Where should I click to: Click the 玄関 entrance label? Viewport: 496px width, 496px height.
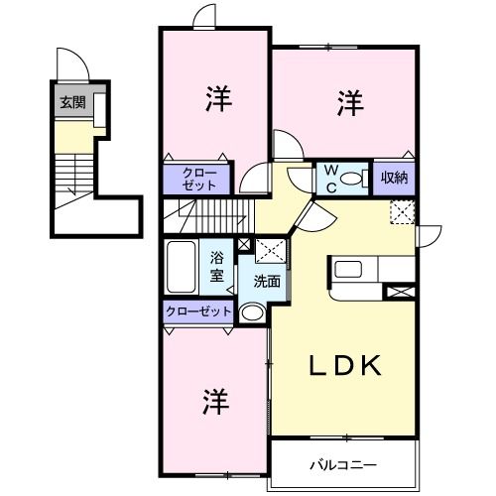pos(71,101)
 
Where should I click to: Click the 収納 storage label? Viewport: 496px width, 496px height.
pos(395,179)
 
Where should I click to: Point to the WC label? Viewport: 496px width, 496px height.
pos(328,179)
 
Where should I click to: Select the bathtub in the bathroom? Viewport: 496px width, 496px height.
pos(182,265)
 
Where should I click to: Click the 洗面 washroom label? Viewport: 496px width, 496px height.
pos(266,281)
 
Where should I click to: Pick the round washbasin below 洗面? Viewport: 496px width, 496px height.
pos(253,313)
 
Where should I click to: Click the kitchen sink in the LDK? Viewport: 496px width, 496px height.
pos(348,269)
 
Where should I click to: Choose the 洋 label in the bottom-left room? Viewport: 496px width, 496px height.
pos(216,402)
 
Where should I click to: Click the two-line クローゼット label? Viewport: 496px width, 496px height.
pos(197,179)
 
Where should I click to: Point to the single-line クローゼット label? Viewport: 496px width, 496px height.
pos(198,311)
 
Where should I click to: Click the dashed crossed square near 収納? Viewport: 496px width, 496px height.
pos(402,211)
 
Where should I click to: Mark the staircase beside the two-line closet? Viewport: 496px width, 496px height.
pos(213,211)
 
